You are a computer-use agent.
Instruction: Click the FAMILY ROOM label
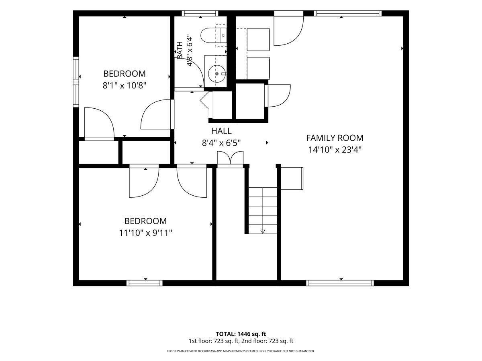pyautogui.click(x=335, y=138)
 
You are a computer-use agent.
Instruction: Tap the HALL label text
pyautogui.click(x=221, y=131)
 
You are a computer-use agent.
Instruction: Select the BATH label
pyautogui.click(x=180, y=50)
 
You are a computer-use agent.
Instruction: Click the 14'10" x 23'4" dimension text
pyautogui.click(x=335, y=150)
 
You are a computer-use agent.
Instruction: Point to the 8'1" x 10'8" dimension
pyautogui.click(x=125, y=85)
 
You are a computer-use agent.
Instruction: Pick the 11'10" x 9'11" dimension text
pyautogui.click(x=145, y=233)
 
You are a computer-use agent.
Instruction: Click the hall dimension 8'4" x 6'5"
pyautogui.click(x=221, y=143)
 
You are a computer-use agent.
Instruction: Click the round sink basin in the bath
pyautogui.click(x=217, y=74)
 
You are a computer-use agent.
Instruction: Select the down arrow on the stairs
pyautogui.click(x=263, y=231)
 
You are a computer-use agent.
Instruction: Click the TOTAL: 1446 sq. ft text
pyautogui.click(x=241, y=334)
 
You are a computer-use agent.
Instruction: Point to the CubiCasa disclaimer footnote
pyautogui.click(x=241, y=351)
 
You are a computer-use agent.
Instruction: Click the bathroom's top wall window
pyautogui.click(x=200, y=13)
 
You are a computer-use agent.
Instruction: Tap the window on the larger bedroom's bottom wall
pyautogui.click(x=145, y=283)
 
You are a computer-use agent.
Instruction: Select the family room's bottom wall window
pyautogui.click(x=340, y=283)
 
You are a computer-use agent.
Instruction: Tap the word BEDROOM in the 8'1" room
pyautogui.click(x=125, y=74)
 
